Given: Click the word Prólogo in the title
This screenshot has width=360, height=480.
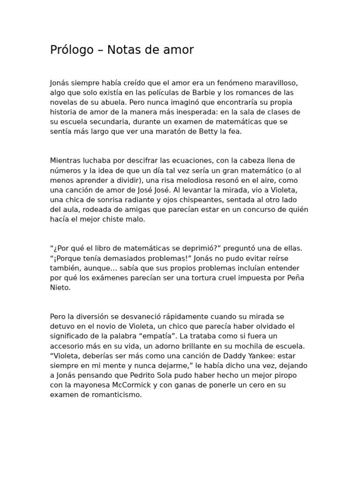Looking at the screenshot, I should (x=72, y=50).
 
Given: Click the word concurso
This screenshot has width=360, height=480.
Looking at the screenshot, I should (x=259, y=210).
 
